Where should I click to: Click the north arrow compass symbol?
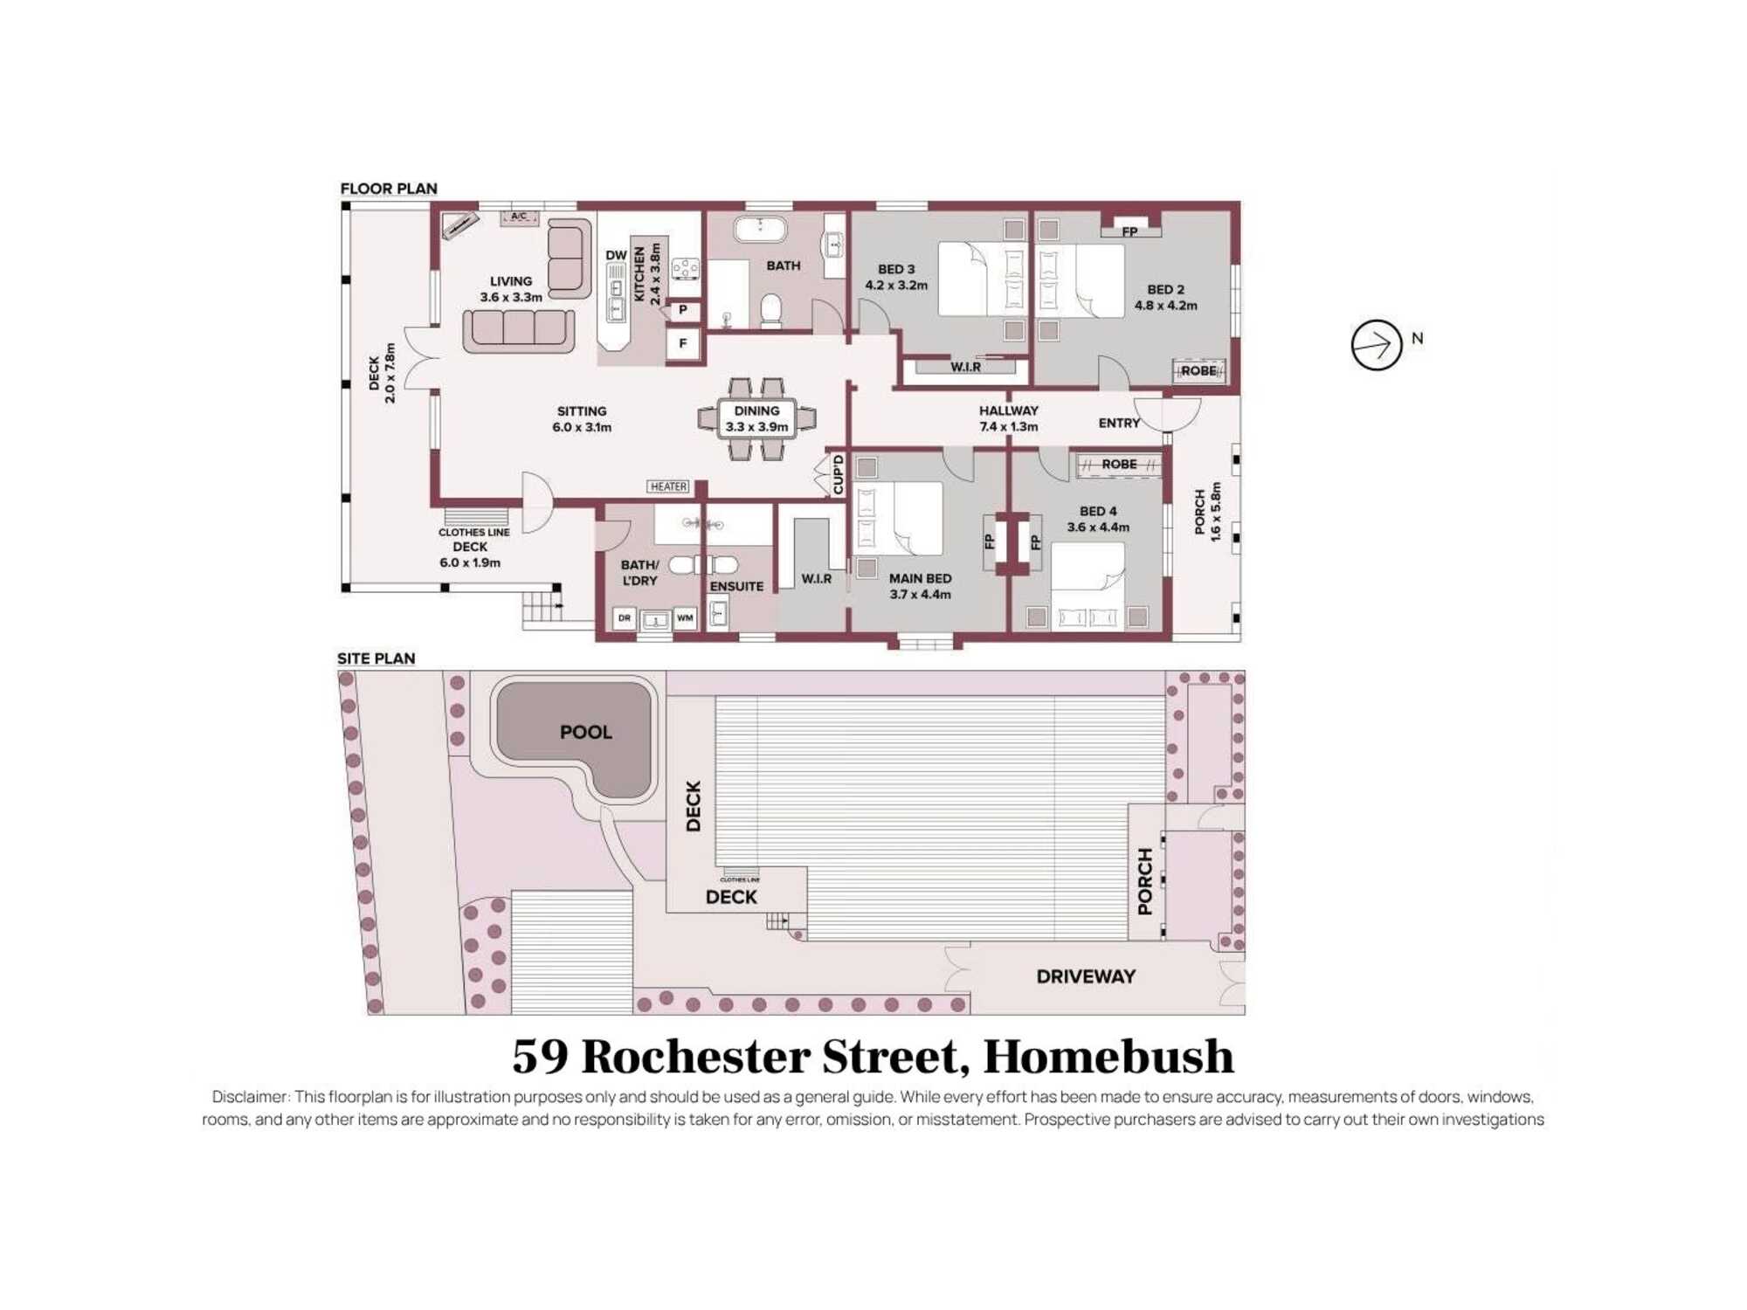pyautogui.click(x=1377, y=345)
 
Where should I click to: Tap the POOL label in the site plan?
pyautogui.click(x=586, y=732)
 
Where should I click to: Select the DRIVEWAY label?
pyautogui.click(x=1086, y=976)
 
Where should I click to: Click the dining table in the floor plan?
pyautogui.click(x=756, y=418)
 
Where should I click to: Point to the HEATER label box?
pyautogui.click(x=668, y=486)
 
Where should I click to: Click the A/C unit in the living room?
pyautogui.click(x=519, y=217)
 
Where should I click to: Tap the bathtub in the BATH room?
pyautogui.click(x=760, y=229)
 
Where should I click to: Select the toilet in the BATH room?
pyautogui.click(x=770, y=311)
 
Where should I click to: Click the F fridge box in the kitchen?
pyautogui.click(x=683, y=343)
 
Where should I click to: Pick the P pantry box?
pyautogui.click(x=683, y=310)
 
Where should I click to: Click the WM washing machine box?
pyautogui.click(x=685, y=618)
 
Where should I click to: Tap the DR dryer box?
pyautogui.click(x=624, y=618)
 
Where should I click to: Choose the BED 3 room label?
pyautogui.click(x=896, y=277)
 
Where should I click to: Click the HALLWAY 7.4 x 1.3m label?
pyautogui.click(x=1009, y=418)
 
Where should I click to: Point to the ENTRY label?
pyautogui.click(x=1119, y=423)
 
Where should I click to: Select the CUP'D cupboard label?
pyautogui.click(x=839, y=474)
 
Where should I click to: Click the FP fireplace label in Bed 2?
pyautogui.click(x=1129, y=231)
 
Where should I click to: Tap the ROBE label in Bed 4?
pyautogui.click(x=1119, y=465)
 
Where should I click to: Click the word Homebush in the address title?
pyautogui.click(x=1108, y=1056)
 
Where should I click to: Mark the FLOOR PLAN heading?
pyautogui.click(x=389, y=189)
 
